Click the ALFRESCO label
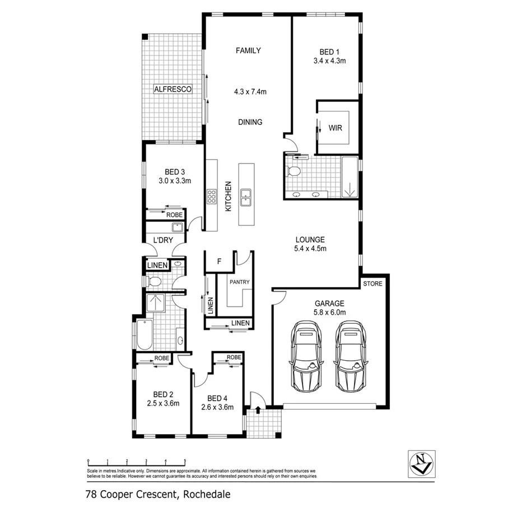click(173, 89)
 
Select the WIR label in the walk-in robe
click(335, 128)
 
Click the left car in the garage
click(306, 357)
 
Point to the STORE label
click(372, 284)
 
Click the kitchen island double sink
click(245, 195)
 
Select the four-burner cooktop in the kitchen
click(212, 196)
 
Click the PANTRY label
click(239, 282)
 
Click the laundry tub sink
click(176, 227)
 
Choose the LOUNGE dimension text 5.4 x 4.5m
click(310, 248)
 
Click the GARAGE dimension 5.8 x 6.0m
click(329, 312)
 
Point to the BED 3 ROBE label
click(174, 215)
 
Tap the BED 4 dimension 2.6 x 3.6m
click(217, 407)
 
